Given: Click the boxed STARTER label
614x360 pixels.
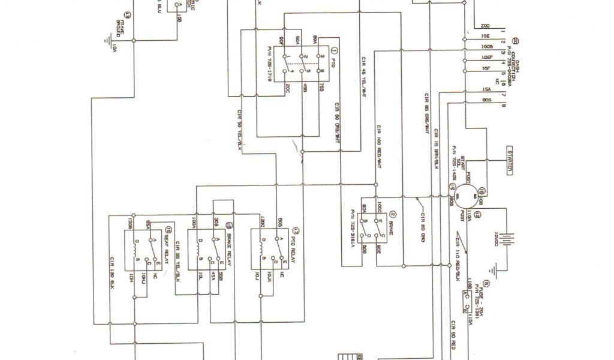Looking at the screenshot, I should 510,161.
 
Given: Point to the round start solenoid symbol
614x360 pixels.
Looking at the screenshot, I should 465,196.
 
